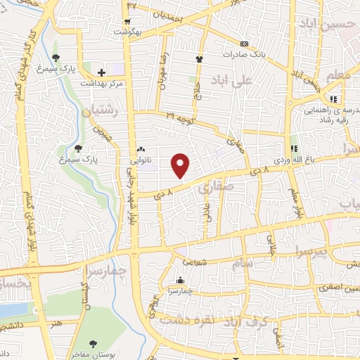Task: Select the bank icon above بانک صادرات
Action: click(244, 44)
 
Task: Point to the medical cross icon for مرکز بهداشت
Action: click(102, 72)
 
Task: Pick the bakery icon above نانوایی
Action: click(141, 150)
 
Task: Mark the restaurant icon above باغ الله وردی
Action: click(295, 149)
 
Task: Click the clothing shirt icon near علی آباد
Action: click(200, 60)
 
